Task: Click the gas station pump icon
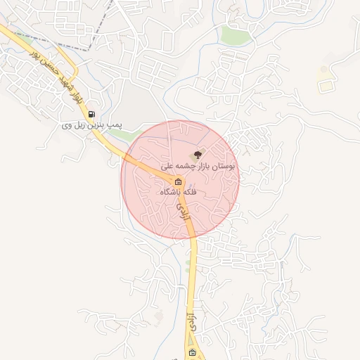91,114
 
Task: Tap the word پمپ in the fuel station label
115,125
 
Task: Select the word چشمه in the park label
184,167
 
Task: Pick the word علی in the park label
167,167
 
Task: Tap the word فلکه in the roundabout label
191,192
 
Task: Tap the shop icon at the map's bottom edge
192,354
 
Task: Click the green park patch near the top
232,34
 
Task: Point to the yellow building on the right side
325,86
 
